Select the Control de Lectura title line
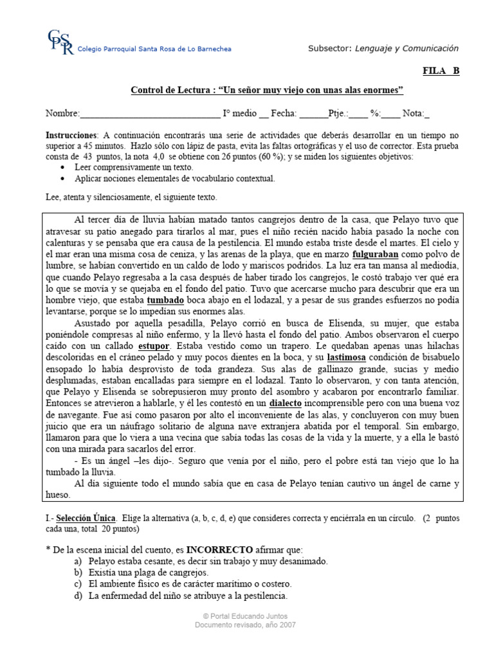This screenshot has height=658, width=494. [x=266, y=90]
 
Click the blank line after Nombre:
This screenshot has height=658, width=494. [x=149, y=114]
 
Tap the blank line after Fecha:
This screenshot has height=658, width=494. [x=313, y=114]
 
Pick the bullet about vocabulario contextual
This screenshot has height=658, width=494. [x=174, y=178]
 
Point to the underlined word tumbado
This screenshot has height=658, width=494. [x=165, y=300]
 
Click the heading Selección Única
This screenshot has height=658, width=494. [x=86, y=518]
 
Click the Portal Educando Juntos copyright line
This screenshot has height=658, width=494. [x=247, y=616]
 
